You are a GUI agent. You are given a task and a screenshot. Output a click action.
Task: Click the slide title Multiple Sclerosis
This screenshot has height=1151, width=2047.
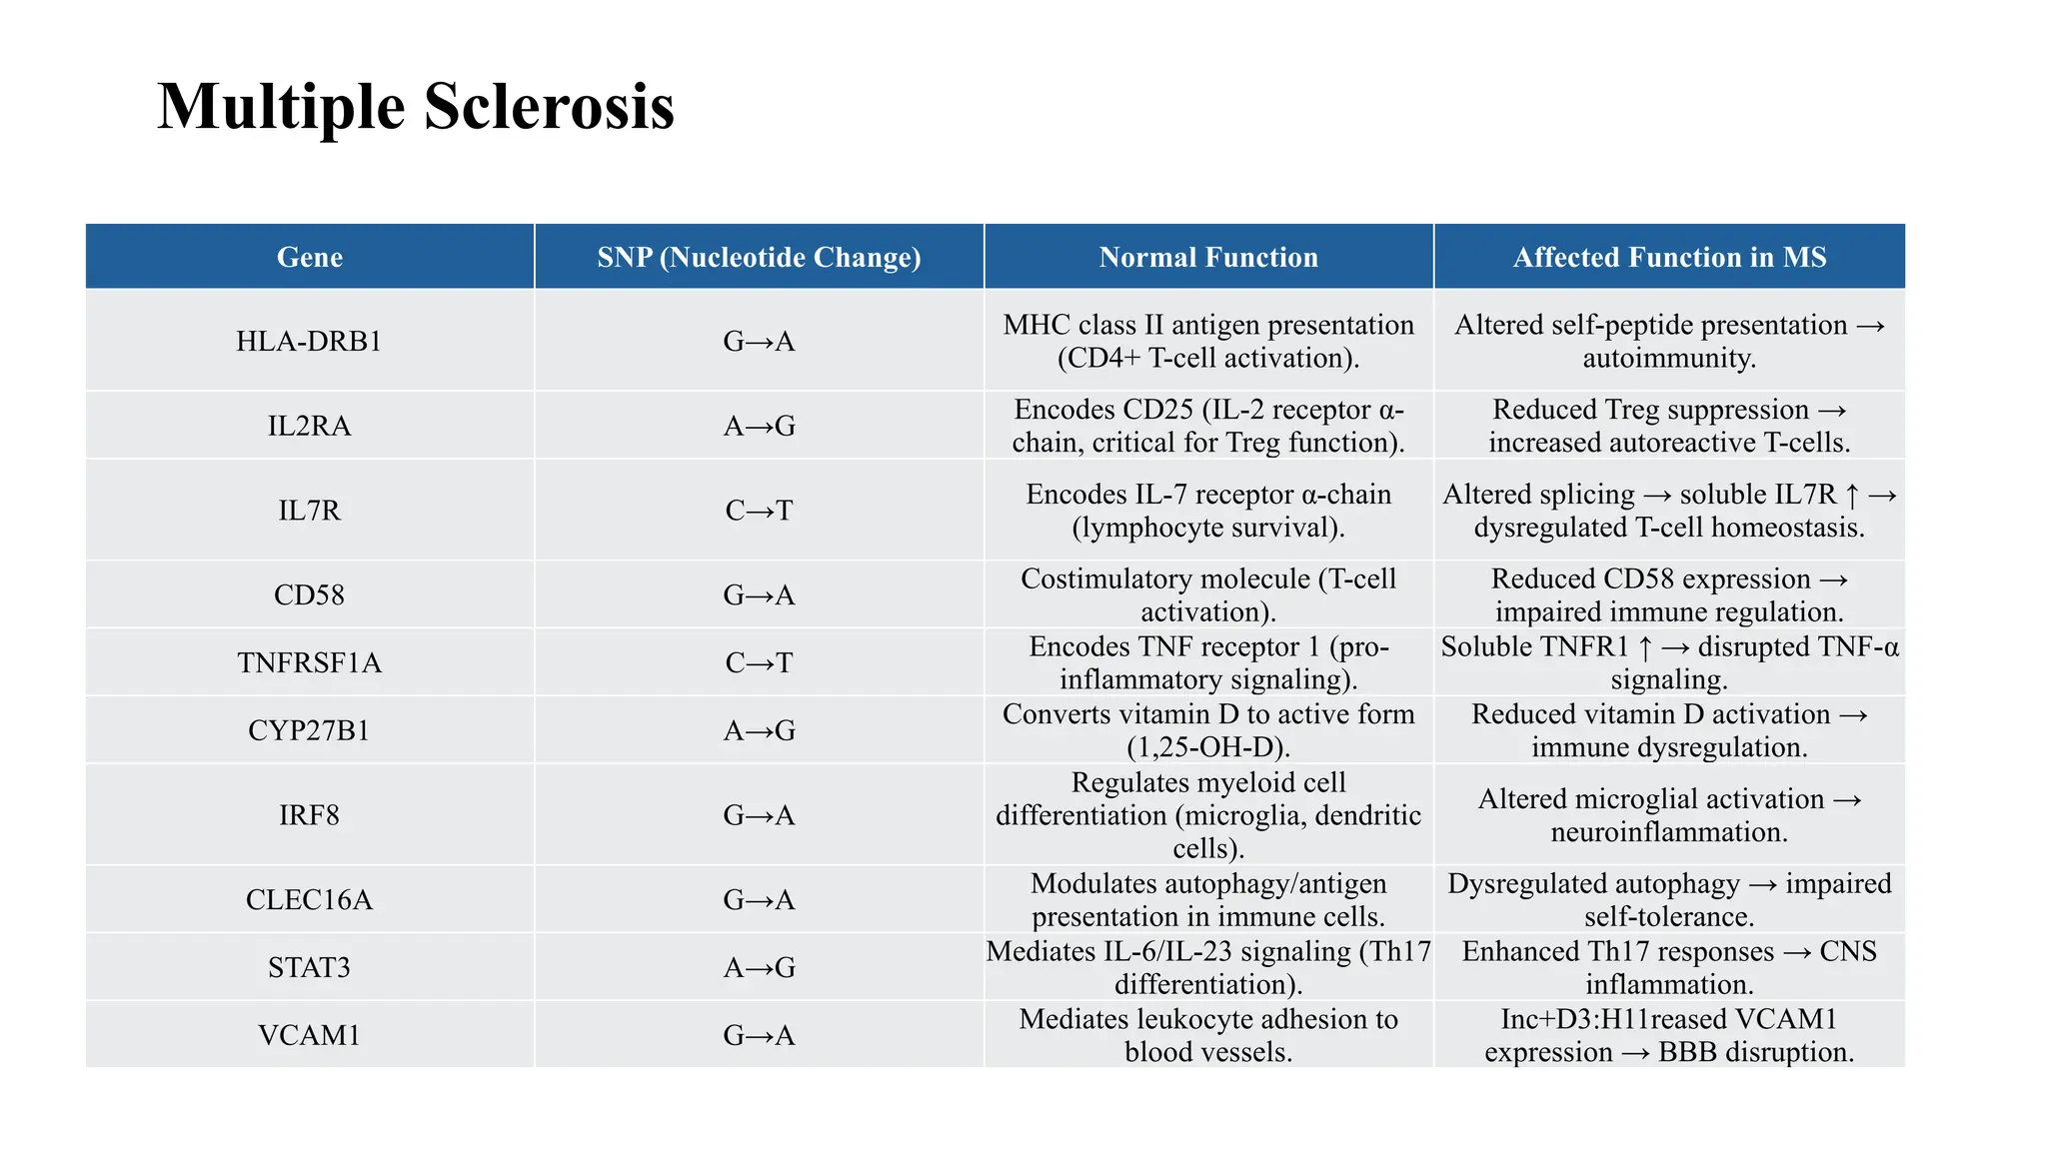416,106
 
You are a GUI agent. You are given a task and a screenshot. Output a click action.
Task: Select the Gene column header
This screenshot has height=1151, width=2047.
310,258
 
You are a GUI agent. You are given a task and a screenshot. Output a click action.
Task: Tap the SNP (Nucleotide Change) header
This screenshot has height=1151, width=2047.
759,258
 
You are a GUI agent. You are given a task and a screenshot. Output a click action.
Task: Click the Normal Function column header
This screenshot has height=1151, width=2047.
1208,258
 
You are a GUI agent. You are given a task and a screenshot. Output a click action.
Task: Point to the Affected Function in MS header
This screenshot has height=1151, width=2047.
1669,258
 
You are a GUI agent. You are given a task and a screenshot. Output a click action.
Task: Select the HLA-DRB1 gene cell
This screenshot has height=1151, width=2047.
310,342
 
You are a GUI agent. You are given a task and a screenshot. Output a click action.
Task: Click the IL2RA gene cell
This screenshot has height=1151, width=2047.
310,427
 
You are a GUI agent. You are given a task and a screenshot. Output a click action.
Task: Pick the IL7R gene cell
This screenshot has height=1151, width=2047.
310,511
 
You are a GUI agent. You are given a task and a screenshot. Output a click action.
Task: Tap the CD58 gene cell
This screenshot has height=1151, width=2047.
310,595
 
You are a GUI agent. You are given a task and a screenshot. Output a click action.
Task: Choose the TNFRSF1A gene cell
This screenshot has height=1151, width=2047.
310,663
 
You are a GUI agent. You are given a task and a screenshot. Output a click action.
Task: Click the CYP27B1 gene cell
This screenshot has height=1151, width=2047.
310,731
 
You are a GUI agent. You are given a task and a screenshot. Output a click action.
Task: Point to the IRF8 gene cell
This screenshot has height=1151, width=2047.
310,815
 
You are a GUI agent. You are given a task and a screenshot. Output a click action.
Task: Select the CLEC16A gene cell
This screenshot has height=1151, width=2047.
310,900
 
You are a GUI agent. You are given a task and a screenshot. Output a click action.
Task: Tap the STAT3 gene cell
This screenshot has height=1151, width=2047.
310,968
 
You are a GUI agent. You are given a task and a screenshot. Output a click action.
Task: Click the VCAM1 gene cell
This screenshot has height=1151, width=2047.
310,1035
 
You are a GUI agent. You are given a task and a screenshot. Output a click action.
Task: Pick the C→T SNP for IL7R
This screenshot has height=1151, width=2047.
759,511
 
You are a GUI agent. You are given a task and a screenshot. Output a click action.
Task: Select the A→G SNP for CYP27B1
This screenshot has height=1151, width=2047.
759,731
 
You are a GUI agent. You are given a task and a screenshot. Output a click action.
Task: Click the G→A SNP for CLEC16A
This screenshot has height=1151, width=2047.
759,900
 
